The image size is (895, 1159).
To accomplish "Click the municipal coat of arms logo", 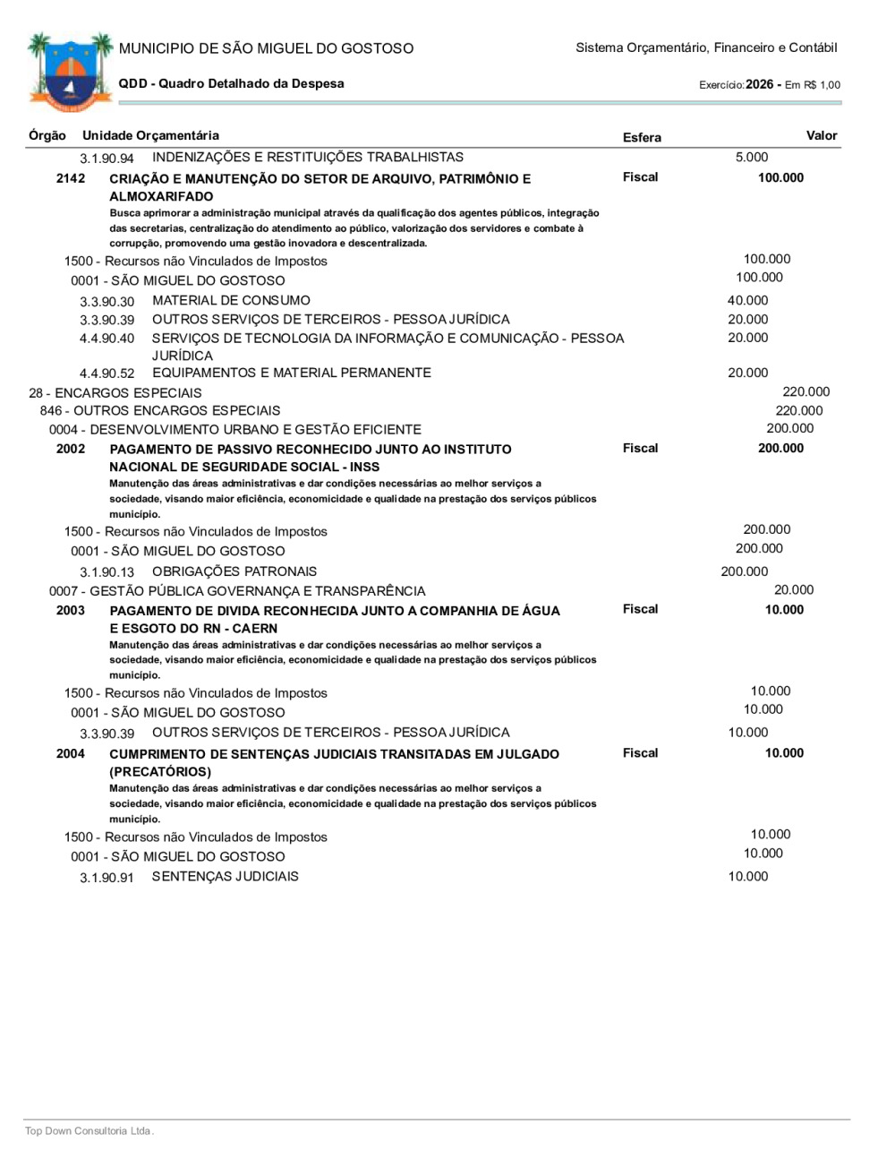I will pos(69,72).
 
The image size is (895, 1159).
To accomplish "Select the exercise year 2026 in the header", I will pos(759,84).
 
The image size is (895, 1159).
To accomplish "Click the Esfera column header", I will pos(642,137).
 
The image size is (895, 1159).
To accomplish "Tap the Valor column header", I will pos(821,135).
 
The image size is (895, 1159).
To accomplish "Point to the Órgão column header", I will pos(47,135).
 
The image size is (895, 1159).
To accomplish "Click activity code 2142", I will pos(71,178).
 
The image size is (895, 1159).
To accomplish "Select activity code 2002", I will pos(71,449).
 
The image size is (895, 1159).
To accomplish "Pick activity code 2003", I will pos(71,610).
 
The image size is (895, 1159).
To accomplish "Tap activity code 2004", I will pos(71,753).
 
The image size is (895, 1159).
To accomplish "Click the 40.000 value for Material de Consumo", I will pos(747,301).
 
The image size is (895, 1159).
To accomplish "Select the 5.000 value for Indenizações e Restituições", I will pos(752,157).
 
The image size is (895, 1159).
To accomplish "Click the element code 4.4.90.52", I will pos(107,373).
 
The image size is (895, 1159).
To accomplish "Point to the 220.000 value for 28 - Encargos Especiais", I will pos(805,391).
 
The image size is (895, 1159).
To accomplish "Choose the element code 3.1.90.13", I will pos(107,572).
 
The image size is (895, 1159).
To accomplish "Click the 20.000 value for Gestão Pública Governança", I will pos(794,589).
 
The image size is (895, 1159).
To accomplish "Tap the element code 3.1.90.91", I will pos(107,878).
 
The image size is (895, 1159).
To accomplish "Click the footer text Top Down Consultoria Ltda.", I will pos(89,1131).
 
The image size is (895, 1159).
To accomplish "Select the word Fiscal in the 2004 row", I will pos(640,753).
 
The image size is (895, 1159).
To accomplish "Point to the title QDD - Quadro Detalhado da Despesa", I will pos(231,83).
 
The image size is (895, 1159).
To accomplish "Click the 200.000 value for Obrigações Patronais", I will pos(744,571).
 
